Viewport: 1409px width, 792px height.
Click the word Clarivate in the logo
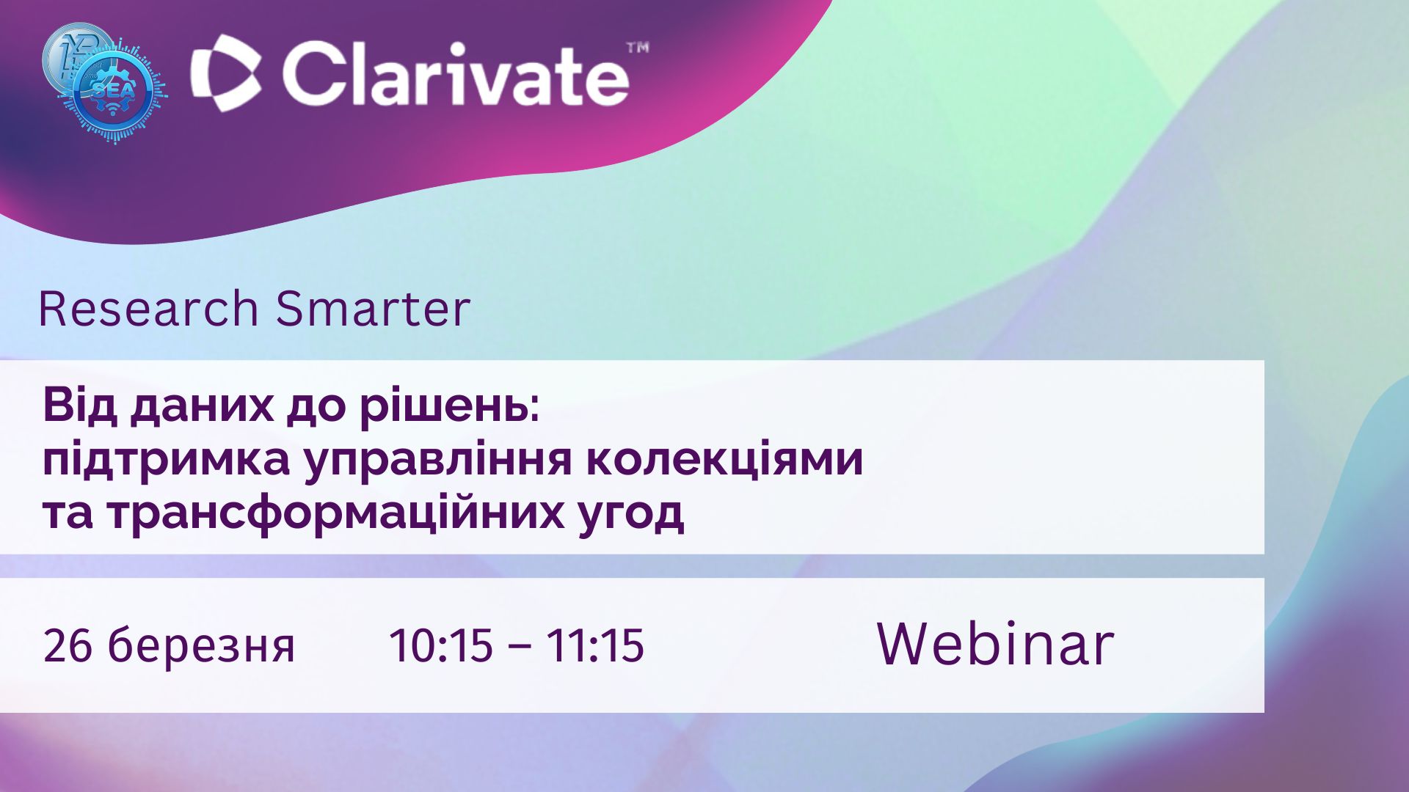[x=455, y=73]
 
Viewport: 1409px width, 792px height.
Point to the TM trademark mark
[x=637, y=48]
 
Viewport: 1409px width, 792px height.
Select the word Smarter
[x=373, y=309]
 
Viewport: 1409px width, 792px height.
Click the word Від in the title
[x=80, y=406]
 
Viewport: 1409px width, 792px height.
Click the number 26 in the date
[x=68, y=645]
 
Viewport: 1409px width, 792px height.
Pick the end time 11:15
[x=595, y=645]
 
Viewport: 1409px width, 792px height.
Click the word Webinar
[x=996, y=644]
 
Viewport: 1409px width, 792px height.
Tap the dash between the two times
[x=520, y=648]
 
